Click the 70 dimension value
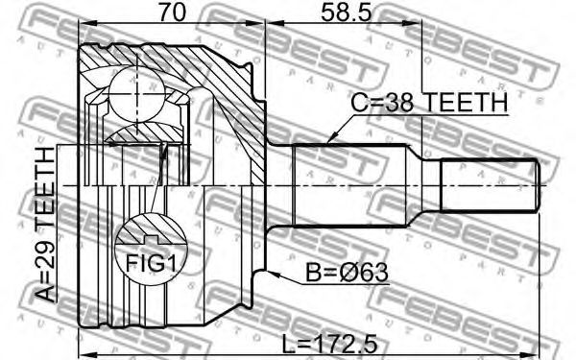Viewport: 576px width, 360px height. pyautogui.click(x=172, y=12)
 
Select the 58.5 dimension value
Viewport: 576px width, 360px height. pyautogui.click(x=346, y=12)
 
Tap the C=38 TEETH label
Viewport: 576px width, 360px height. pyautogui.click(x=429, y=103)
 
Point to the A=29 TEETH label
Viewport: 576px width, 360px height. pyautogui.click(x=46, y=224)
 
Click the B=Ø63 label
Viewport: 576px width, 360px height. pyautogui.click(x=347, y=273)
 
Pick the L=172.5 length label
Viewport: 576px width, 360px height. pyautogui.click(x=329, y=345)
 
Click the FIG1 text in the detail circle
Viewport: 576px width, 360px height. pyautogui.click(x=151, y=263)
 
